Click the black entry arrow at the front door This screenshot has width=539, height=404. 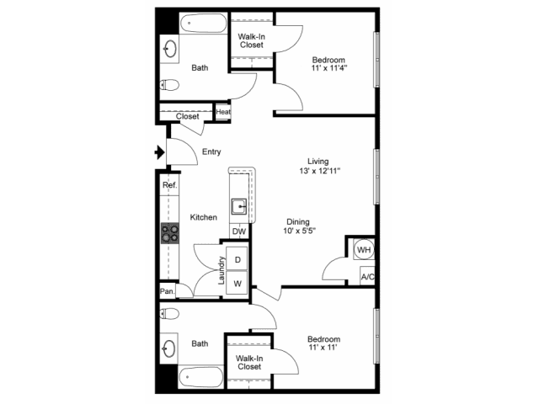click(x=159, y=152)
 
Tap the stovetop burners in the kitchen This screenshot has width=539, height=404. click(x=170, y=233)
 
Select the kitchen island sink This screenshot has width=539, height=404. click(x=238, y=206)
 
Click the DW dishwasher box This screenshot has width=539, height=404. click(x=239, y=231)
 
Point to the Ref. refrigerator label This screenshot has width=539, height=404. click(x=170, y=185)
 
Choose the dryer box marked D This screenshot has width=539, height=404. click(x=237, y=259)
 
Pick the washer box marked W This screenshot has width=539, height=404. click(x=237, y=283)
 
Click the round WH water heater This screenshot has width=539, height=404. click(x=364, y=250)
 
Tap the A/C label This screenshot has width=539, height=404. click(x=367, y=277)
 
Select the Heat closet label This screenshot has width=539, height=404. click(x=223, y=112)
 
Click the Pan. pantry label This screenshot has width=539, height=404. click(x=168, y=291)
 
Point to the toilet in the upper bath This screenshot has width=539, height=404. click(x=169, y=84)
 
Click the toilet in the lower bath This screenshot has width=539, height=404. click(x=169, y=313)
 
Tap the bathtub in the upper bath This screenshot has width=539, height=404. click(x=204, y=24)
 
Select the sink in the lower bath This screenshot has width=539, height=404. click(x=169, y=348)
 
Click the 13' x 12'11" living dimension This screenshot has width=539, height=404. click(x=320, y=170)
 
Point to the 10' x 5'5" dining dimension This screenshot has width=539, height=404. click(x=300, y=231)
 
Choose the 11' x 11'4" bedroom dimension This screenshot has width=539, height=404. click(x=329, y=68)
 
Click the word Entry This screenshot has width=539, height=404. click(x=211, y=151)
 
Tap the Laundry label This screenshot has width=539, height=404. click(x=221, y=270)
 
